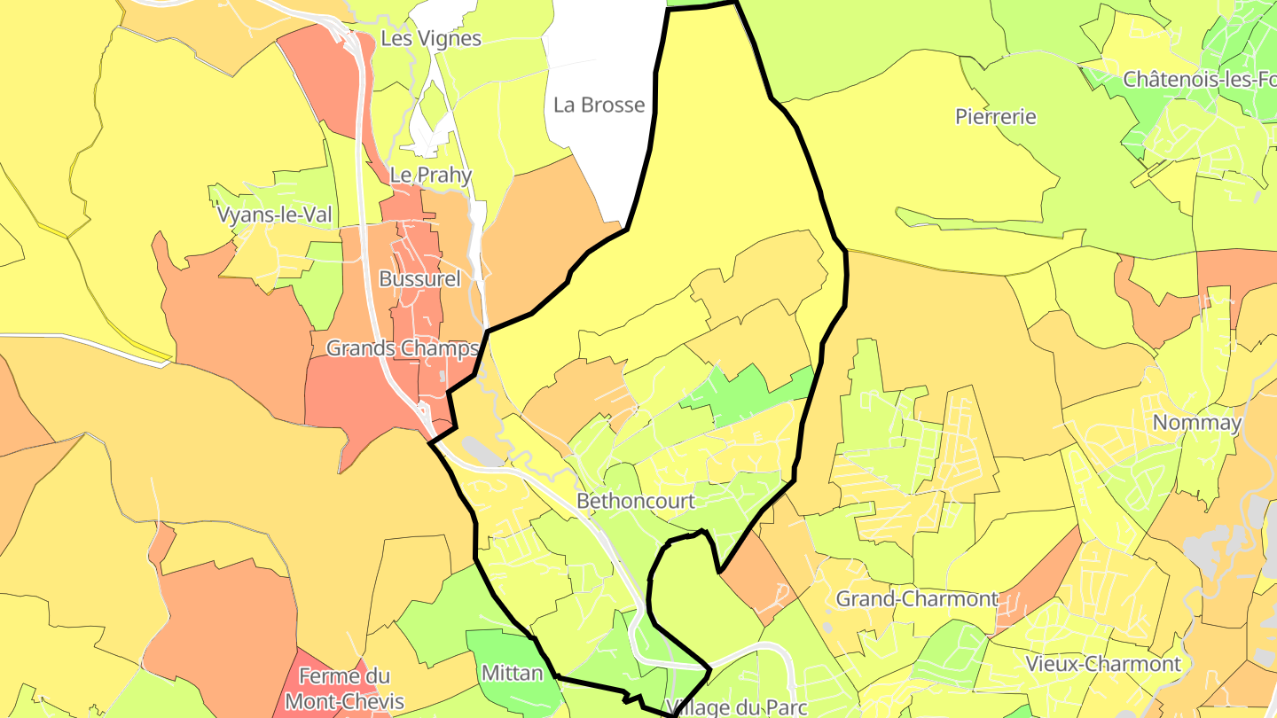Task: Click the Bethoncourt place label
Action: (635, 501)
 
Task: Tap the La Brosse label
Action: (599, 105)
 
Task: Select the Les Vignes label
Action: (430, 38)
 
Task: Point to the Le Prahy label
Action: (431, 175)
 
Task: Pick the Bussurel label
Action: (419, 278)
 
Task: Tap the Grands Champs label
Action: (403, 348)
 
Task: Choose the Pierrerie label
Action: (996, 116)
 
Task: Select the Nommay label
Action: (1197, 423)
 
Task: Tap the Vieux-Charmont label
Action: (1103, 663)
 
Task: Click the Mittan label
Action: (512, 673)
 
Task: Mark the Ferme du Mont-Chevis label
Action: (344, 689)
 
